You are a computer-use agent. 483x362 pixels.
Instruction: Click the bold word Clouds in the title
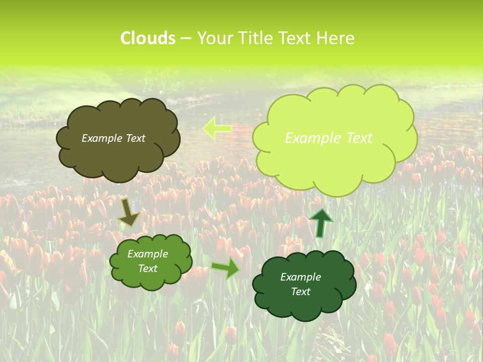(148, 38)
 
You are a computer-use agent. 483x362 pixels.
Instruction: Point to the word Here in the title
(336, 38)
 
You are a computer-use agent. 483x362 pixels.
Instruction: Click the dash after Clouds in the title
(185, 39)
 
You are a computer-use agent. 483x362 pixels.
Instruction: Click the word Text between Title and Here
(295, 38)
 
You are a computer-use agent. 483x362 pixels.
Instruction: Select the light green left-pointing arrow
(217, 128)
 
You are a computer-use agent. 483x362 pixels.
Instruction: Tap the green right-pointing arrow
(225, 268)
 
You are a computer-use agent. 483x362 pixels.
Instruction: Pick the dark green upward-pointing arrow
(320, 223)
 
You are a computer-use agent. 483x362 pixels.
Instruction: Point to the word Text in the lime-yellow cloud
(358, 138)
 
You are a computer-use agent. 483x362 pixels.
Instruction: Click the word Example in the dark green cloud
(300, 277)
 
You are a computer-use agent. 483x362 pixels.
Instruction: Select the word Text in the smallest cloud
(147, 268)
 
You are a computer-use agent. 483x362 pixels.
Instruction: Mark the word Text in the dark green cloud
(300, 292)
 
